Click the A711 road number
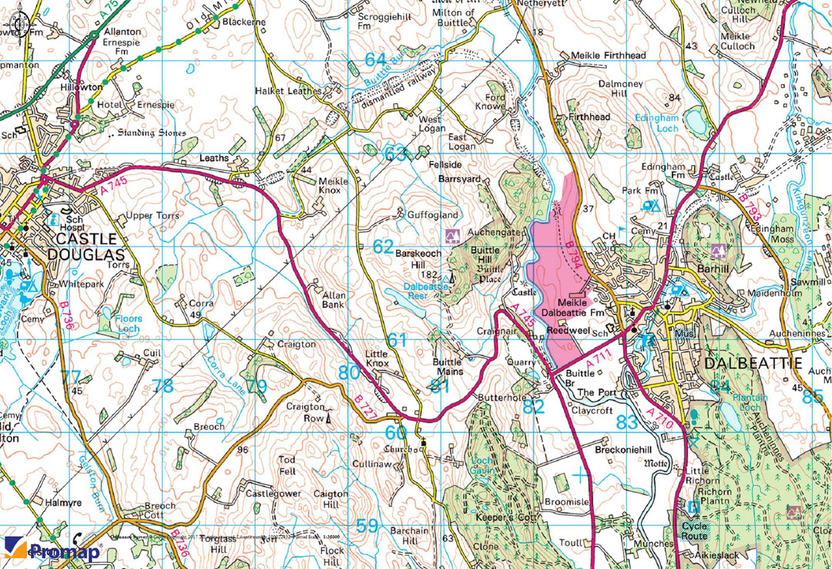pos(598,360)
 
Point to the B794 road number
pos(572,255)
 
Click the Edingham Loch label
pos(656,123)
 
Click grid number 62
pos(383,247)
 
